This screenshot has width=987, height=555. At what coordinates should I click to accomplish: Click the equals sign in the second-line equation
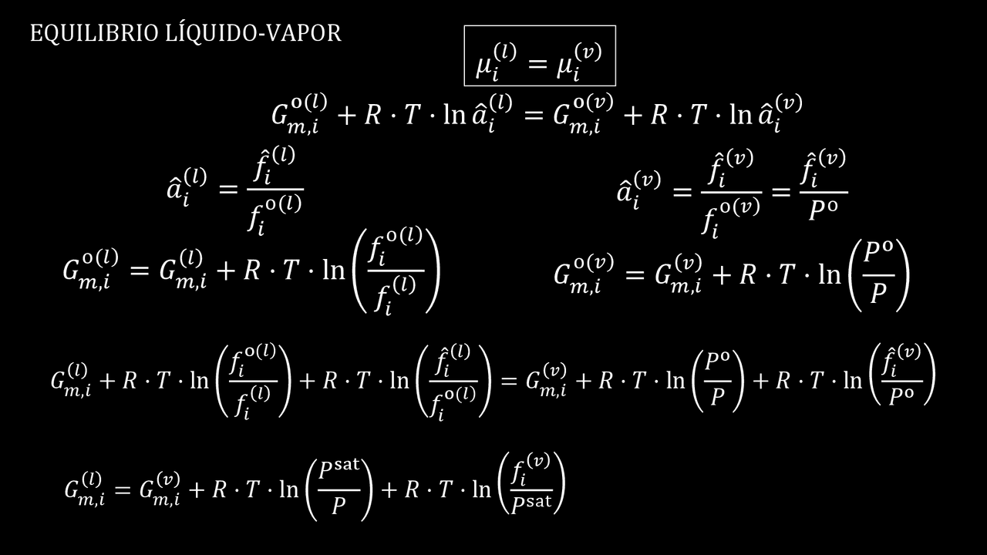pos(534,115)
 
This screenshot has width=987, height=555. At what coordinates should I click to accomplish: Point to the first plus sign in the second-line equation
pos(348,115)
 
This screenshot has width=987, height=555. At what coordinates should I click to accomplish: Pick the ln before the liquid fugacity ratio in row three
pos(333,271)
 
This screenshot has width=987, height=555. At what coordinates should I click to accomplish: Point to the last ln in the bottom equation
pos(480,489)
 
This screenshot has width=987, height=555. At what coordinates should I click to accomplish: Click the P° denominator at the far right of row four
pos(903,397)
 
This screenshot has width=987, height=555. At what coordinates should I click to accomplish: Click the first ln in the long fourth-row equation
pos(198,380)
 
